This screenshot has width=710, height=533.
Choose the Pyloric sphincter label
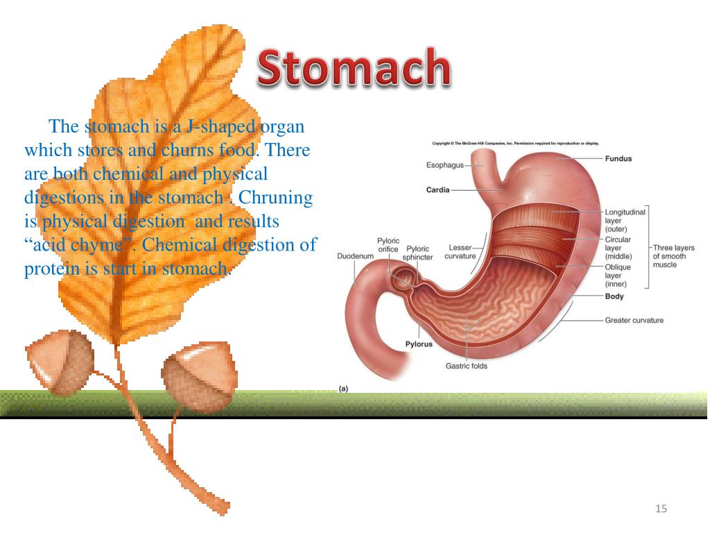click(x=419, y=252)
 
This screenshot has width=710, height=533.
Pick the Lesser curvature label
click(x=460, y=252)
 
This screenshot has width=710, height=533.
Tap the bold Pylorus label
click(x=419, y=344)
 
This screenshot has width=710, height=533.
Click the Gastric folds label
click(x=466, y=366)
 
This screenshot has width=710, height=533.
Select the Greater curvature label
click(x=634, y=321)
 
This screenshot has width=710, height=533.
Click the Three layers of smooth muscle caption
click(x=673, y=256)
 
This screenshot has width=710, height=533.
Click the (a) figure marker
click(x=343, y=389)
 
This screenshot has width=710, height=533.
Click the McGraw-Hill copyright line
click(x=516, y=144)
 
